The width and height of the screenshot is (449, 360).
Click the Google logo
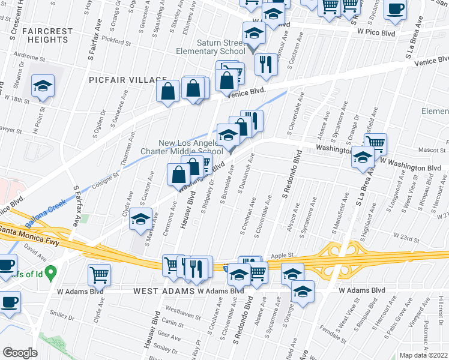[20, 352]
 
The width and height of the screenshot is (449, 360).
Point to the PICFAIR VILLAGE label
[127, 80]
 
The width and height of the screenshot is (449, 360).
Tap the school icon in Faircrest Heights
[43, 86]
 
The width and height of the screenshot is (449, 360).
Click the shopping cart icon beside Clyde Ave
[99, 275]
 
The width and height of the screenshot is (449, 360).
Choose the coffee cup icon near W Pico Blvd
[395, 8]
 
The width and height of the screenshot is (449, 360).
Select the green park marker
[50, 274]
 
